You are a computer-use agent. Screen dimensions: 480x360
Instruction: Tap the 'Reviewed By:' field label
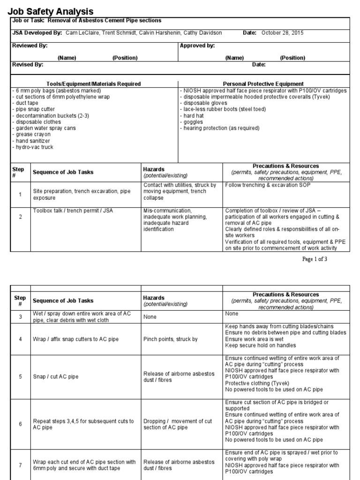point(30,46)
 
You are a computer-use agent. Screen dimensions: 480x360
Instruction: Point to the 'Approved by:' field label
point(197,46)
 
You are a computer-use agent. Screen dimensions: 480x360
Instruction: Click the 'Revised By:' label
point(28,65)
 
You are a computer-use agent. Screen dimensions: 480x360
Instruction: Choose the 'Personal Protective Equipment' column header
point(263,84)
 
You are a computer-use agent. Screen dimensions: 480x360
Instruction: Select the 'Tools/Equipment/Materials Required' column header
point(93,84)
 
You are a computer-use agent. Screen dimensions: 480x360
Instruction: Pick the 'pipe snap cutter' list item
point(33,109)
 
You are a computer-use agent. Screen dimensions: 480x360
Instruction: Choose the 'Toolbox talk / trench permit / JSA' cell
point(73,211)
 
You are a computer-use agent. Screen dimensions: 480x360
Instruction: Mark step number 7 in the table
point(20,465)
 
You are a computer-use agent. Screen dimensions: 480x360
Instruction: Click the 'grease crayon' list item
point(31,135)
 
